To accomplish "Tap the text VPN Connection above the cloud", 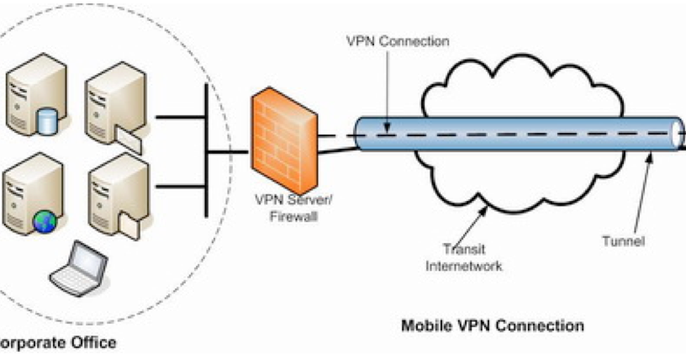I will coord(386,41).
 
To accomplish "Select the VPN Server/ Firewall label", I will coord(287,209).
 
